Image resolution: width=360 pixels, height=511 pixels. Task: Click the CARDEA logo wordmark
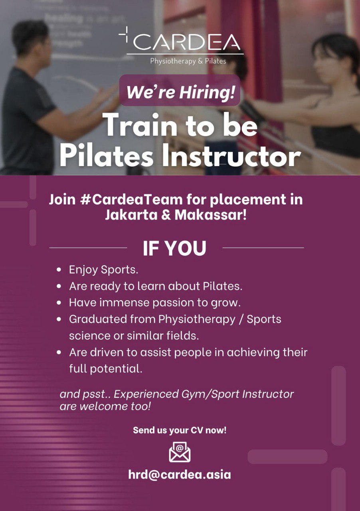(x=187, y=42)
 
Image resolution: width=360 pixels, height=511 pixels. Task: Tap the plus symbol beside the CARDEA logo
(x=125, y=34)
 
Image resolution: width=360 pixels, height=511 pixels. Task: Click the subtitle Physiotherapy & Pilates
(x=188, y=61)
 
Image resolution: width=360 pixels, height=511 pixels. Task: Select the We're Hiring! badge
(x=180, y=90)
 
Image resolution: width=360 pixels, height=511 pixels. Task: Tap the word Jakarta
(x=131, y=215)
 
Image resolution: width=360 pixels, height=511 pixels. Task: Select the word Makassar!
(x=211, y=215)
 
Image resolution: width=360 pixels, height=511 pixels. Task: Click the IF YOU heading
(x=174, y=248)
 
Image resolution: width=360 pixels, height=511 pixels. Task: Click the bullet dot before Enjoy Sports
(x=59, y=269)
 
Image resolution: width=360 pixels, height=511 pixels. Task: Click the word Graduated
(x=98, y=319)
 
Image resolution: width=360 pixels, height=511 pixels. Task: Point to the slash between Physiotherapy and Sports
(x=241, y=319)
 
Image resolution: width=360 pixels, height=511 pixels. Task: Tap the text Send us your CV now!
(x=180, y=430)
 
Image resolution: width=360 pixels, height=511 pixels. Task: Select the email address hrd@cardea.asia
(x=180, y=475)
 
